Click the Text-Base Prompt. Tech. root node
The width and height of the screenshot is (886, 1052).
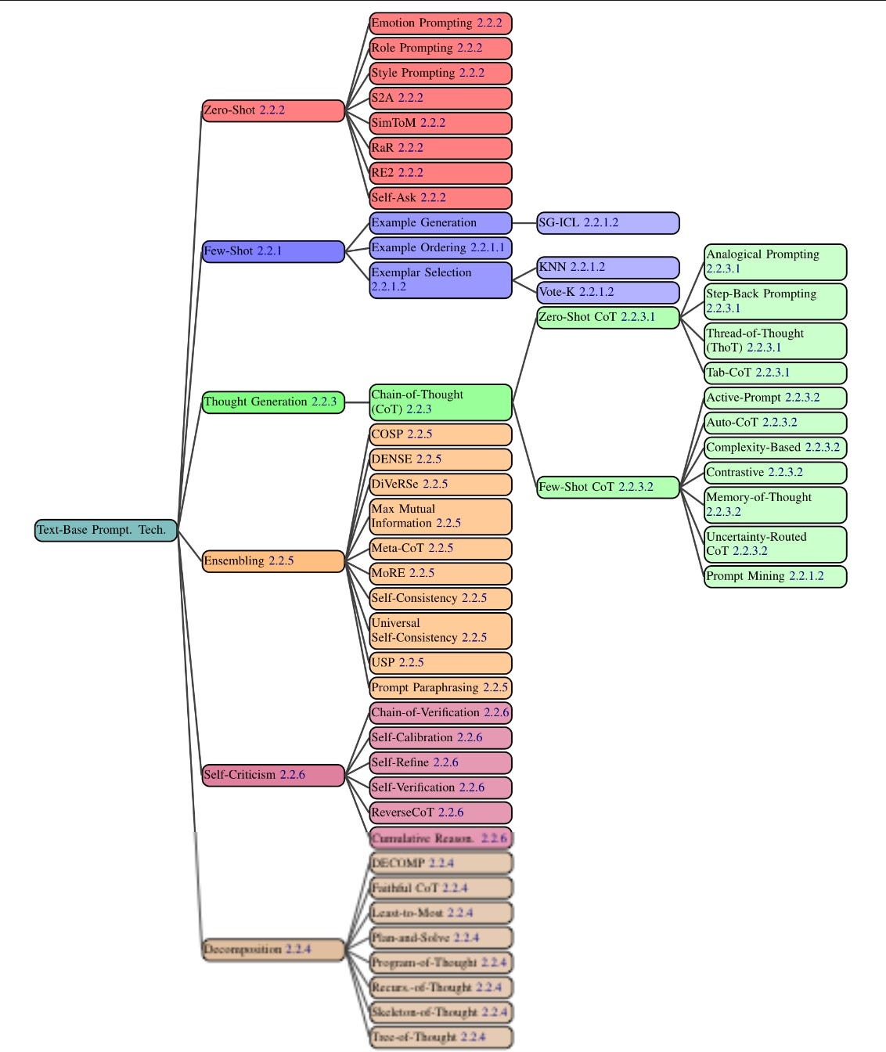pyautogui.click(x=106, y=530)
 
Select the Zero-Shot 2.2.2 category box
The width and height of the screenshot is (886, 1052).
pyautogui.click(x=273, y=110)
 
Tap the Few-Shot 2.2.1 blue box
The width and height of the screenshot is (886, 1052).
pyautogui.click(x=273, y=251)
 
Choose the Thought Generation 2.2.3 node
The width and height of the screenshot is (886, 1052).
pyautogui.click(x=273, y=402)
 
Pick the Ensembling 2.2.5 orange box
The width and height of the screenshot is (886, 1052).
pyautogui.click(x=273, y=561)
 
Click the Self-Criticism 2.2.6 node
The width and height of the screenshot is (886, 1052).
pyautogui.click(x=273, y=775)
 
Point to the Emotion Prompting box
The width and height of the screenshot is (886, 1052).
pyautogui.click(x=441, y=23)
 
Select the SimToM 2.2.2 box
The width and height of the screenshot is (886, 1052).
pyautogui.click(x=441, y=123)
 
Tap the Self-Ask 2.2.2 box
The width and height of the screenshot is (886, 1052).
pyautogui.click(x=441, y=198)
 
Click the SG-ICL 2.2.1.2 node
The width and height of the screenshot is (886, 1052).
pyautogui.click(x=608, y=223)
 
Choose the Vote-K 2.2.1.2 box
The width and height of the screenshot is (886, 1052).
pyautogui.click(x=608, y=292)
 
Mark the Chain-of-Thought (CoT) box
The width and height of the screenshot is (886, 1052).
pyautogui.click(x=441, y=402)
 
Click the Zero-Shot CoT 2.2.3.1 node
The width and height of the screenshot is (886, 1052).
pyautogui.click(x=608, y=317)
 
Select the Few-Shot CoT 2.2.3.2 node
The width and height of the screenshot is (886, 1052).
pyautogui.click(x=608, y=487)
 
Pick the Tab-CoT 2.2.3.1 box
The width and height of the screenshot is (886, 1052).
pyautogui.click(x=776, y=373)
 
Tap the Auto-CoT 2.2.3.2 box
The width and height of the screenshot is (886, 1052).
pyautogui.click(x=776, y=423)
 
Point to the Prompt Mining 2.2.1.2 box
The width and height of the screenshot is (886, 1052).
pyautogui.click(x=776, y=576)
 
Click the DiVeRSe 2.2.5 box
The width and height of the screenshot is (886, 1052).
pyautogui.click(x=441, y=484)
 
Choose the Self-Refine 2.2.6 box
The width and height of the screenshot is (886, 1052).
pyautogui.click(x=441, y=762)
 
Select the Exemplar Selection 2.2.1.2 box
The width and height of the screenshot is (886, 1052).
pyautogui.click(x=441, y=279)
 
